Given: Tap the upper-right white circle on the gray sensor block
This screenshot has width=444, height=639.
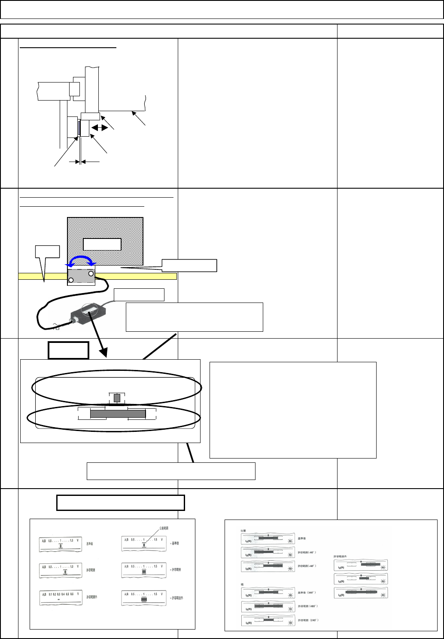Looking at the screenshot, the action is click(91, 273).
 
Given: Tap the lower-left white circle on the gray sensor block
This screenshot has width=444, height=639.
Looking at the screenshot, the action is click(71, 280).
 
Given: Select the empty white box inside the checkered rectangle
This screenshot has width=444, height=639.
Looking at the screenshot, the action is click(102, 244).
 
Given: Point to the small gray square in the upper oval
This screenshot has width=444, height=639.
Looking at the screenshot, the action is click(117, 398).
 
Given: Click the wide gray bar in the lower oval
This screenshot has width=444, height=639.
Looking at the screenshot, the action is click(118, 414).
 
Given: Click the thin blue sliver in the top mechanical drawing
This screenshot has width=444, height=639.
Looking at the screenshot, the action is click(79, 128).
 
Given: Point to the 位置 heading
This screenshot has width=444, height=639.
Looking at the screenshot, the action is click(243, 530).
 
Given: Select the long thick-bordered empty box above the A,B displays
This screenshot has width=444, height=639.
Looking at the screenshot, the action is click(121, 502).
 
